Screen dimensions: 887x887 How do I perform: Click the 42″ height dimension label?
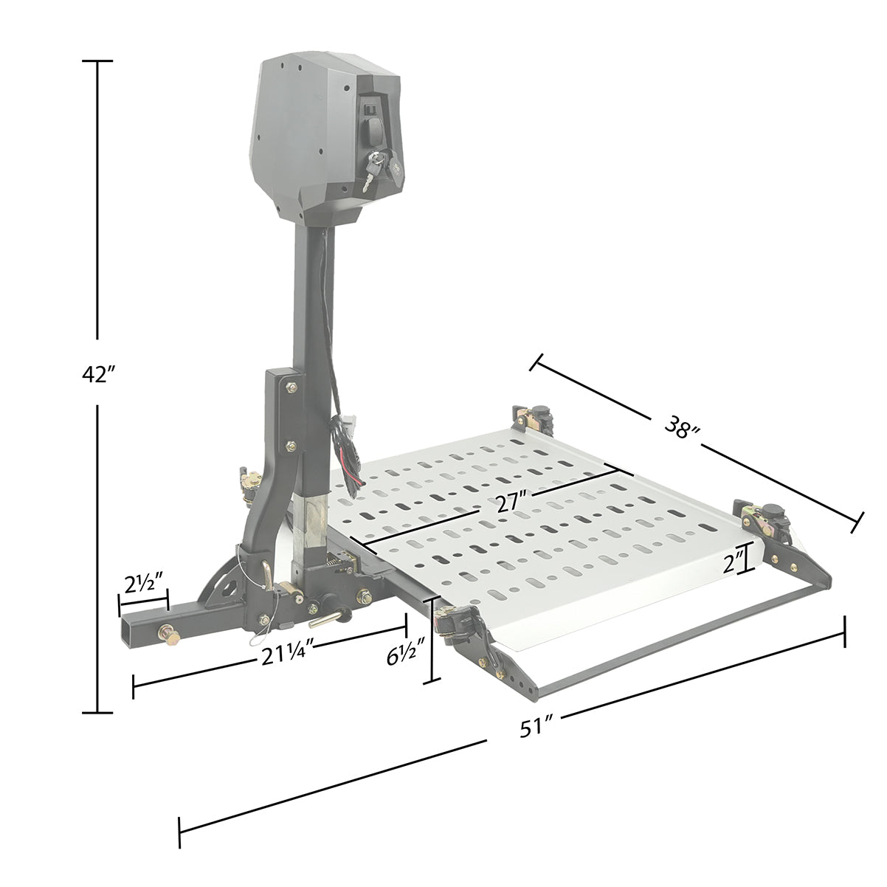tap(97, 375)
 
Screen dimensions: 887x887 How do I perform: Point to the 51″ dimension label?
tap(536, 728)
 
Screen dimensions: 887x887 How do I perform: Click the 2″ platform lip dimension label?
tap(734, 565)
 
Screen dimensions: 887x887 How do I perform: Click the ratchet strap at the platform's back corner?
tap(537, 418)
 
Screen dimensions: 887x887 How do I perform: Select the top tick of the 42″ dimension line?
tap(97, 62)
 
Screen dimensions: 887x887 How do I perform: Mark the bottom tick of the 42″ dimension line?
tap(97, 712)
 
